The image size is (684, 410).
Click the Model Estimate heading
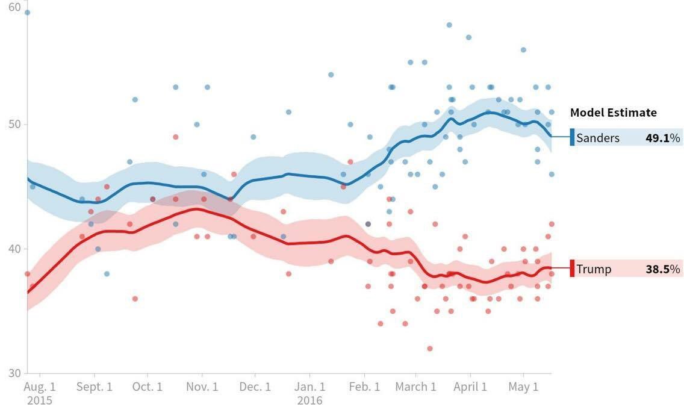click(613, 113)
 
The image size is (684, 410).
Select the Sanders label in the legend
click(597, 138)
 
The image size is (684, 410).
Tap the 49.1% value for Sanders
click(662, 138)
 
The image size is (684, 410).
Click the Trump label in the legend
click(593, 269)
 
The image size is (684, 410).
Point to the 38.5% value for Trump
click(662, 269)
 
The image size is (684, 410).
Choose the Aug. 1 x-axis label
click(40, 387)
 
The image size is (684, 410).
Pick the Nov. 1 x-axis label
click(202, 387)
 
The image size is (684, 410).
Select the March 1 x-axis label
click(415, 387)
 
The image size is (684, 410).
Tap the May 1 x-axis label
click(523, 387)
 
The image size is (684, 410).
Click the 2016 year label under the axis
click(309, 400)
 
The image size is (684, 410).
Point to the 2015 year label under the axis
click(40, 400)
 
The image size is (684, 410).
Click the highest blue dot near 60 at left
click(27, 12)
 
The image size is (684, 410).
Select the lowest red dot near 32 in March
click(429, 349)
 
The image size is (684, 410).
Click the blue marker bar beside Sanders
click(572, 138)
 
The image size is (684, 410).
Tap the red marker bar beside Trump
click(572, 269)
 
